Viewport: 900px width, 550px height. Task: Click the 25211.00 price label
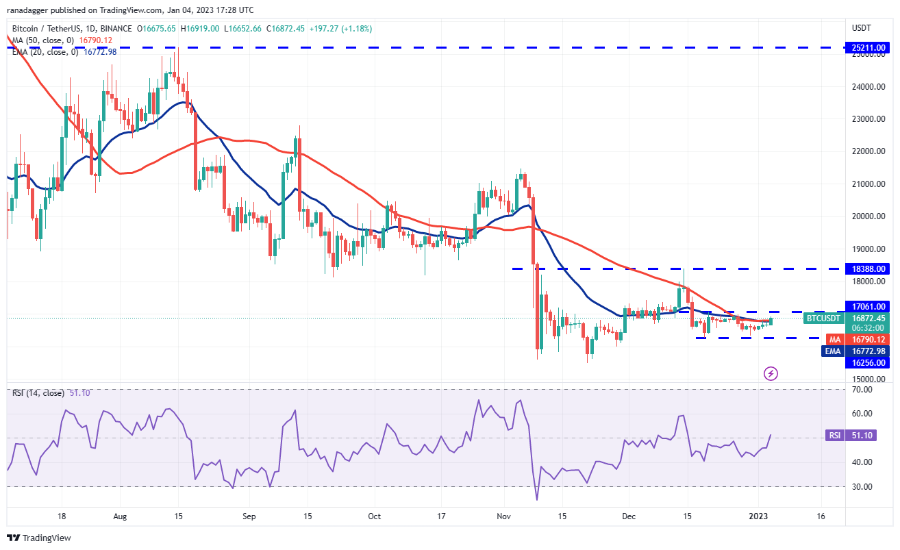(868, 48)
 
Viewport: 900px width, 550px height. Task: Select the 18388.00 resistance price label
(868, 268)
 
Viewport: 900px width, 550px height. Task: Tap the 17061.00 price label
(868, 307)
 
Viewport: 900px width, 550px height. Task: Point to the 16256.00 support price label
(868, 363)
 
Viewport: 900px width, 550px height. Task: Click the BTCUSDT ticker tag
(823, 318)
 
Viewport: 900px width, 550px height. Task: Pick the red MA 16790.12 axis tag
(858, 340)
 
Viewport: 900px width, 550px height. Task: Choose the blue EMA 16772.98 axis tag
(855, 351)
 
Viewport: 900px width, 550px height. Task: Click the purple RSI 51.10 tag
(851, 435)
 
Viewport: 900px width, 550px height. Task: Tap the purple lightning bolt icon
(771, 374)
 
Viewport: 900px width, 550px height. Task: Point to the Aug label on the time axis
(120, 516)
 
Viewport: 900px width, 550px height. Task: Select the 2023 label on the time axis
(758, 516)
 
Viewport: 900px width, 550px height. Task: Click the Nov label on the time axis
(503, 516)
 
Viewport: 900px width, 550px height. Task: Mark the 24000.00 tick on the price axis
(868, 87)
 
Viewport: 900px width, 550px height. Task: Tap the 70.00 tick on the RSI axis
(862, 389)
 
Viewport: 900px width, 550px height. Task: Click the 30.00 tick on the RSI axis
(862, 486)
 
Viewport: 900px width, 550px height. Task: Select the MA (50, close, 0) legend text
(43, 40)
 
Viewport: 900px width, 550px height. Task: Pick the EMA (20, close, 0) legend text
(45, 52)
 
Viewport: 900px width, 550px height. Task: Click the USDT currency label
(862, 28)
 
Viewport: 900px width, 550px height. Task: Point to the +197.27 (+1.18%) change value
(340, 29)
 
